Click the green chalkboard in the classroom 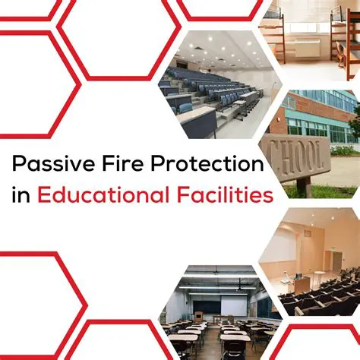click(x=200, y=307)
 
